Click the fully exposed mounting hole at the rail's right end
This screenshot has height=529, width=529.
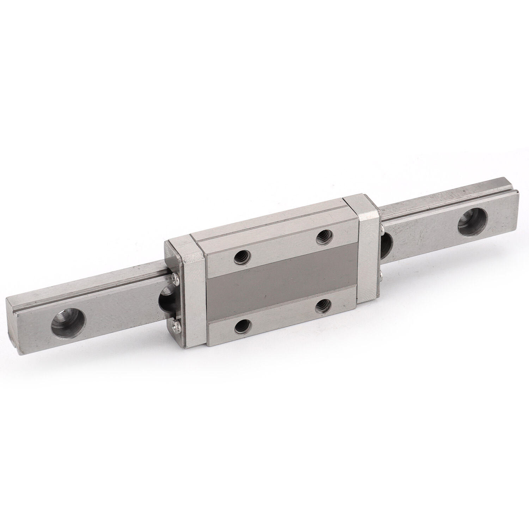[473, 224]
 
